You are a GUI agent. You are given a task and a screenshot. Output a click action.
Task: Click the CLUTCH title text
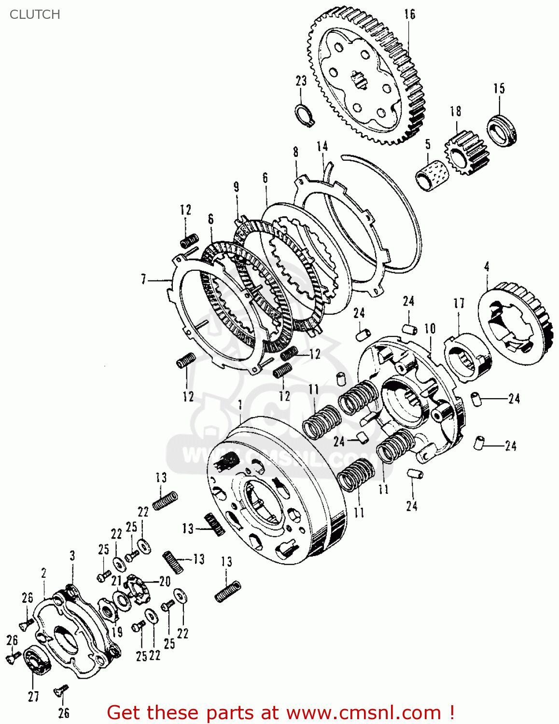point(35,14)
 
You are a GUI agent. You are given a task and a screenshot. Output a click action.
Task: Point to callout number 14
point(322,146)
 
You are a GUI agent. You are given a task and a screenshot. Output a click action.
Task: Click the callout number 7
point(143,279)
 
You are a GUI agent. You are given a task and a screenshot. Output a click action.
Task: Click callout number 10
point(429,329)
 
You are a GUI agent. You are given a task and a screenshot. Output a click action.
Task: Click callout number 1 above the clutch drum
point(240,403)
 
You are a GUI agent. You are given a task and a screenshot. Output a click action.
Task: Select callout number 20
point(165,581)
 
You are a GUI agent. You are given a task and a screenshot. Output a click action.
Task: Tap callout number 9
point(236,187)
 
